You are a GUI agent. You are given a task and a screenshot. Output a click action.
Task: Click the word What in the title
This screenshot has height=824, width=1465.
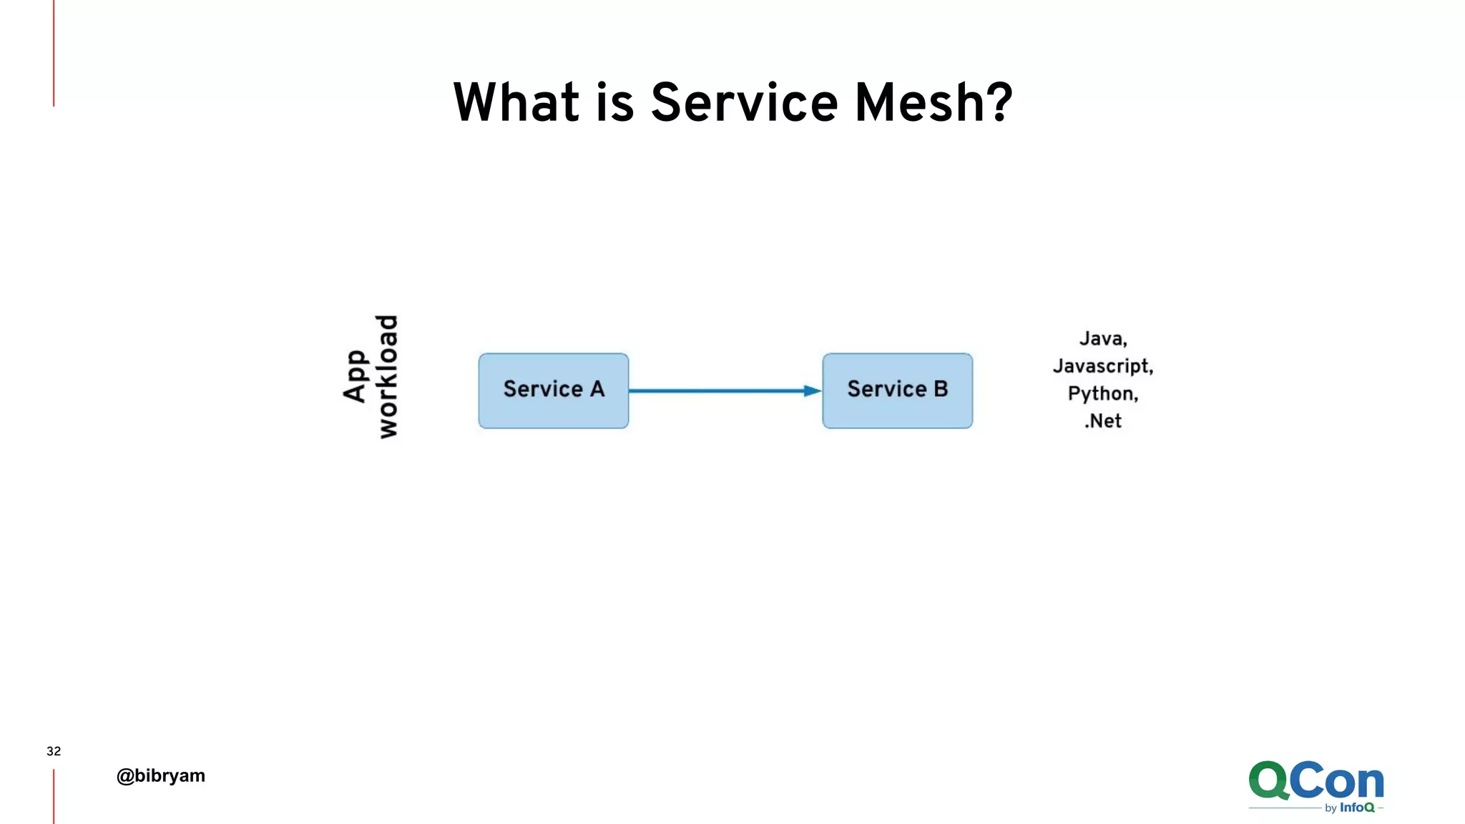coord(516,102)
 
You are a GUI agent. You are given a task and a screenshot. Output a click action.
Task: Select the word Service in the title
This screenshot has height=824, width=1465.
coord(744,102)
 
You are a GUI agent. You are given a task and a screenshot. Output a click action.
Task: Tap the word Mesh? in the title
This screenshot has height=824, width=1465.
coord(934,102)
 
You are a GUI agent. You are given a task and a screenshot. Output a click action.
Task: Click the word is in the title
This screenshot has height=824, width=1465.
coord(614,102)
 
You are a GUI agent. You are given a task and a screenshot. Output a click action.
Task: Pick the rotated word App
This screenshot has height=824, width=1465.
coord(356,376)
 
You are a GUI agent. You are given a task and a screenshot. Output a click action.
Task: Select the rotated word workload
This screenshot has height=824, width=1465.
coord(387,376)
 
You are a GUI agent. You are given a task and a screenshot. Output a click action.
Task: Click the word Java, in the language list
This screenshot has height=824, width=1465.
coord(1102,339)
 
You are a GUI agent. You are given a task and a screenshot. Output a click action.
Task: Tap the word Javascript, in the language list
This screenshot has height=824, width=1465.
coord(1102,366)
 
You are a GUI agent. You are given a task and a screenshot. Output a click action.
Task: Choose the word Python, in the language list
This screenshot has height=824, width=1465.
coord(1102,393)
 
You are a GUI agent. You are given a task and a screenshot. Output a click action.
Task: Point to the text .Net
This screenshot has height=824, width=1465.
coord(1102,421)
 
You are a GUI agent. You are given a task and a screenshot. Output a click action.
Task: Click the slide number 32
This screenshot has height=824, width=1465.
coord(54,751)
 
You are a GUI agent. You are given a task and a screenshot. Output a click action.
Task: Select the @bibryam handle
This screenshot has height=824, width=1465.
coord(161,775)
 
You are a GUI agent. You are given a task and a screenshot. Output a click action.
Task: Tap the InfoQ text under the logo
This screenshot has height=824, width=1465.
coord(1357,808)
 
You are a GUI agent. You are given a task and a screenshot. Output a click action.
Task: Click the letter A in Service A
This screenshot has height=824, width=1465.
coord(597,389)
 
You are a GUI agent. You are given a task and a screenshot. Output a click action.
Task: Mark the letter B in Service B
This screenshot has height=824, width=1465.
coord(941,389)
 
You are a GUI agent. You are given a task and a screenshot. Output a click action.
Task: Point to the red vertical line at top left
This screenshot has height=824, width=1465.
coord(54,54)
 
